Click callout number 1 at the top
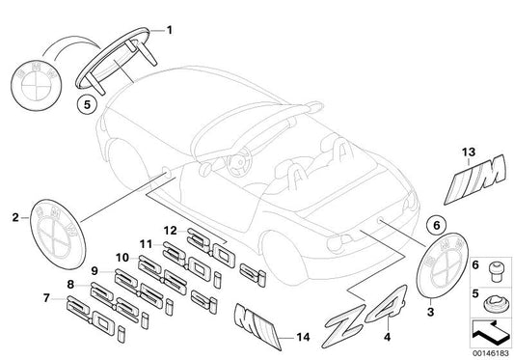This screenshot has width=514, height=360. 172,28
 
